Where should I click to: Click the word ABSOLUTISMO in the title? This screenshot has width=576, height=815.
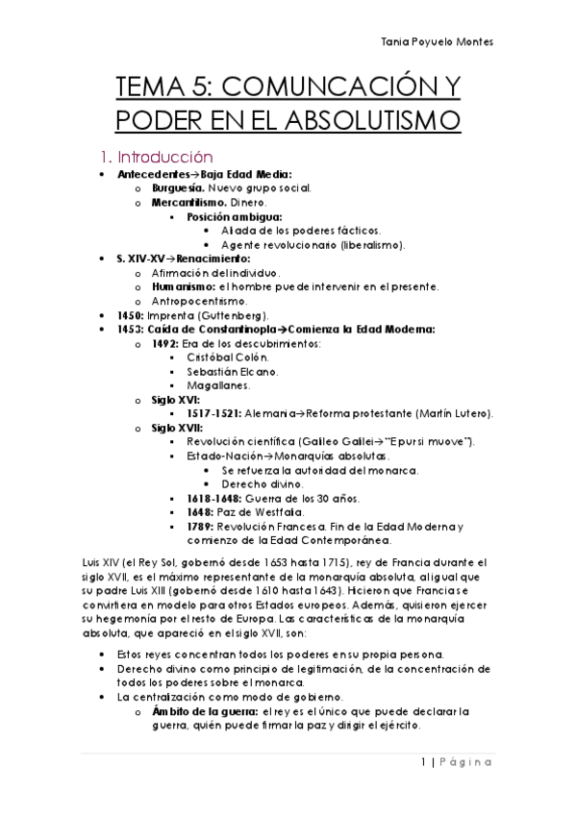click(339, 121)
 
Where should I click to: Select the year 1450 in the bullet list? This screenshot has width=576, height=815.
click(129, 315)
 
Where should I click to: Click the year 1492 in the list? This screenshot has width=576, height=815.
click(164, 343)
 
